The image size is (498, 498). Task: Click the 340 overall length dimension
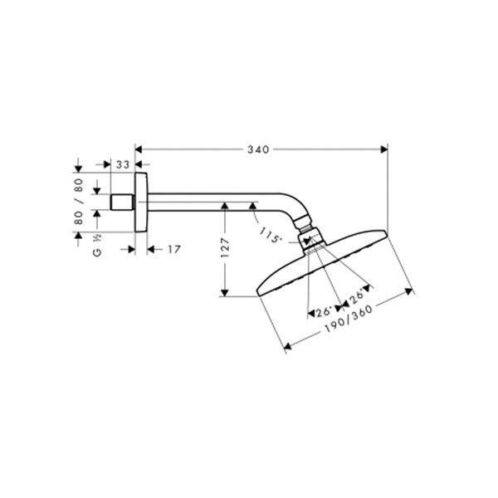coord(258,149)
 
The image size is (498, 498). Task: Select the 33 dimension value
coord(123,164)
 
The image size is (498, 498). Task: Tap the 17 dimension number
coord(174,249)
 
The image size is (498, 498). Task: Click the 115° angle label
coord(271,235)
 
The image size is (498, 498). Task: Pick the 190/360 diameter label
coord(349,319)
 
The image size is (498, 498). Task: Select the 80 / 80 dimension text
coord(79,202)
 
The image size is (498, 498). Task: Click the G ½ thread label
coord(97,245)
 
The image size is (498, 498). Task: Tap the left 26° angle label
coord(324,311)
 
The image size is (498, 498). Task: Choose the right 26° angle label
coord(356,297)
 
